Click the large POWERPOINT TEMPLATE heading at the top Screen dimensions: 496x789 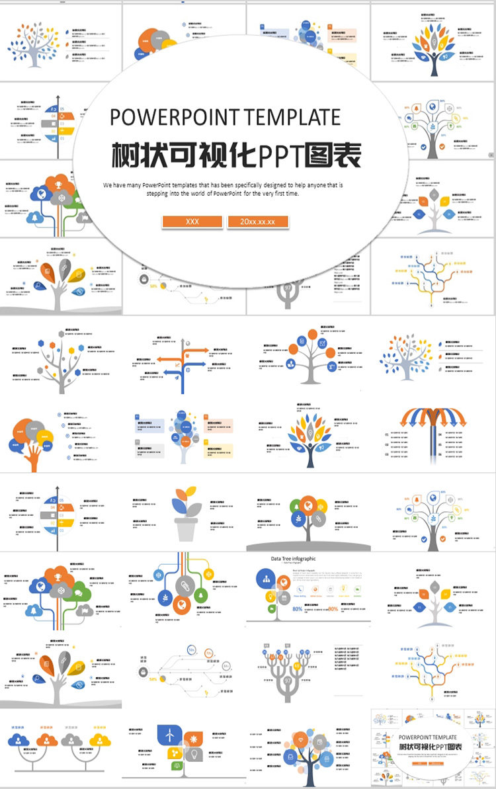coord(225,117)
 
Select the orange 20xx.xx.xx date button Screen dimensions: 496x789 coord(258,222)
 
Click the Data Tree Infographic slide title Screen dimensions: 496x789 coord(293,559)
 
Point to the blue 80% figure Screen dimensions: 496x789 coord(298,609)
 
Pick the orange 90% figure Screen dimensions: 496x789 coord(333,609)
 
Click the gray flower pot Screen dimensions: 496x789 coord(186,528)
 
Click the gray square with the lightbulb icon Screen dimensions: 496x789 coord(194,755)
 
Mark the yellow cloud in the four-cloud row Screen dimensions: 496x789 coord(100,739)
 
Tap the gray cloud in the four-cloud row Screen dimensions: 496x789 coord(71,739)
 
